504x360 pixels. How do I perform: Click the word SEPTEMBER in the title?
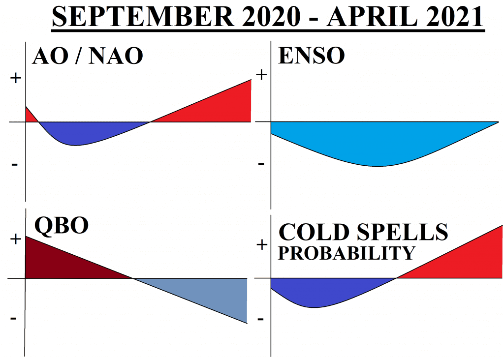[143, 16]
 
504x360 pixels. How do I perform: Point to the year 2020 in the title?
[271, 16]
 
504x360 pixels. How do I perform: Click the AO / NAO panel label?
[88, 56]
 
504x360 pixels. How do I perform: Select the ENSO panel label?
[311, 56]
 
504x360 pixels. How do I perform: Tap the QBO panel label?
[62, 225]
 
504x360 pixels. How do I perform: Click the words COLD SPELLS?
[363, 231]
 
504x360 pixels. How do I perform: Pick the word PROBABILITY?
[346, 253]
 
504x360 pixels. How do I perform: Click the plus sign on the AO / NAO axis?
[15, 78]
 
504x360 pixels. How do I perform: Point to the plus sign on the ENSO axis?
[262, 75]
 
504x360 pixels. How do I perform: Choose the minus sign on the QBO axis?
[13, 319]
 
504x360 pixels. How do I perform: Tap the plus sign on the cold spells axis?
[262, 245]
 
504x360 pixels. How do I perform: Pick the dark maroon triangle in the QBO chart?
[61, 263]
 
